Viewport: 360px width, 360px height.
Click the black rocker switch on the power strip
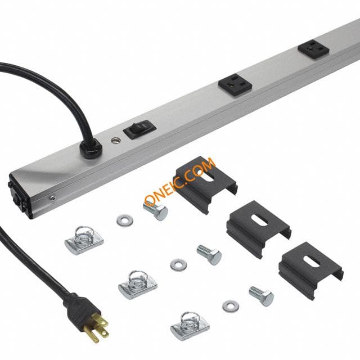[139, 129]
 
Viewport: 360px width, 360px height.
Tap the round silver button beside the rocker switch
[115, 140]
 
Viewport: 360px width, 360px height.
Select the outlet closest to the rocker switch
[235, 84]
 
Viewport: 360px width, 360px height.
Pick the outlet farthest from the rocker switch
[313, 49]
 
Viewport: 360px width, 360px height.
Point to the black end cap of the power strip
[19, 196]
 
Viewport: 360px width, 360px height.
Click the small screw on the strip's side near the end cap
[52, 197]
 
